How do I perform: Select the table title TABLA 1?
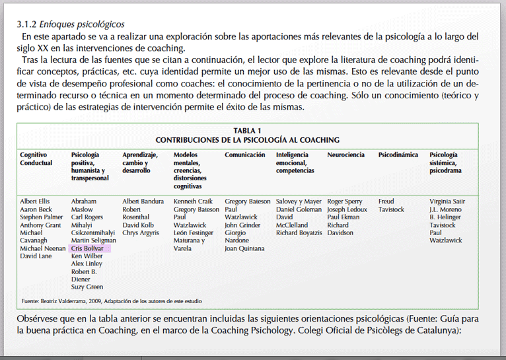point(247,131)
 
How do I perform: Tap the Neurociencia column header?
point(345,155)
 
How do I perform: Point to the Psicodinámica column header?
point(398,155)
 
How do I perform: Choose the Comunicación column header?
point(245,155)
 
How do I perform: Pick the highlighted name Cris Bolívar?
point(87,248)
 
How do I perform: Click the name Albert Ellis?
point(34,201)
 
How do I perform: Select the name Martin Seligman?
point(94,240)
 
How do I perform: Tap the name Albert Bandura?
point(143,201)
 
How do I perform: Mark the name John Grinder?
point(242,225)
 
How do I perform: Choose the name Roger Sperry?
point(345,201)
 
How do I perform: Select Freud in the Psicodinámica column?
point(386,201)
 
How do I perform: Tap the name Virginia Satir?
point(447,201)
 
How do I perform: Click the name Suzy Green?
point(87,287)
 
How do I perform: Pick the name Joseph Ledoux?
point(347,209)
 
